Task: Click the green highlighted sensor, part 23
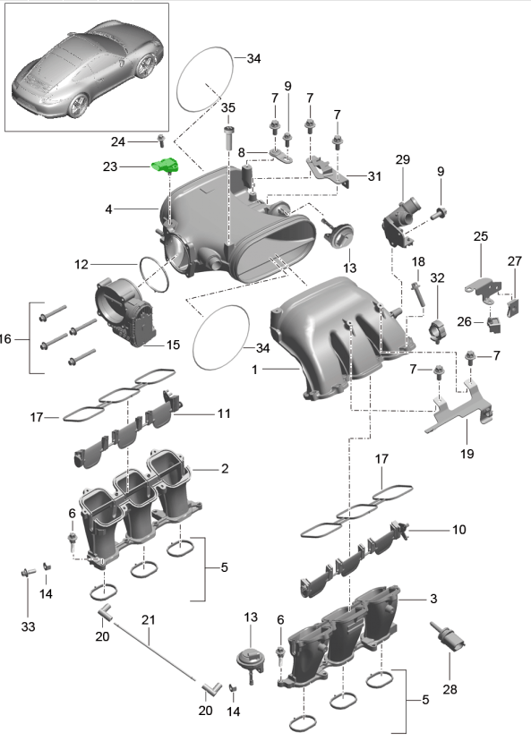[166, 166]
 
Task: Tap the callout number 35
[228, 107]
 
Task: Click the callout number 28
[450, 689]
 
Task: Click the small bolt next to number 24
[161, 140]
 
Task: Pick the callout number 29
[402, 159]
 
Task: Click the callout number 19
[467, 454]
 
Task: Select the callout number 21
[149, 619]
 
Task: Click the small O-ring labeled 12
[155, 273]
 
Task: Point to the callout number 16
[5, 338]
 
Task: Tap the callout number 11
[224, 413]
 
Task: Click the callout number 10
[458, 529]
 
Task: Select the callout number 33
[28, 626]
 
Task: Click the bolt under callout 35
[228, 138]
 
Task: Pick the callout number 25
[480, 236]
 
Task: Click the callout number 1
[255, 370]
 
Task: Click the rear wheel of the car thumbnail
[79, 105]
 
